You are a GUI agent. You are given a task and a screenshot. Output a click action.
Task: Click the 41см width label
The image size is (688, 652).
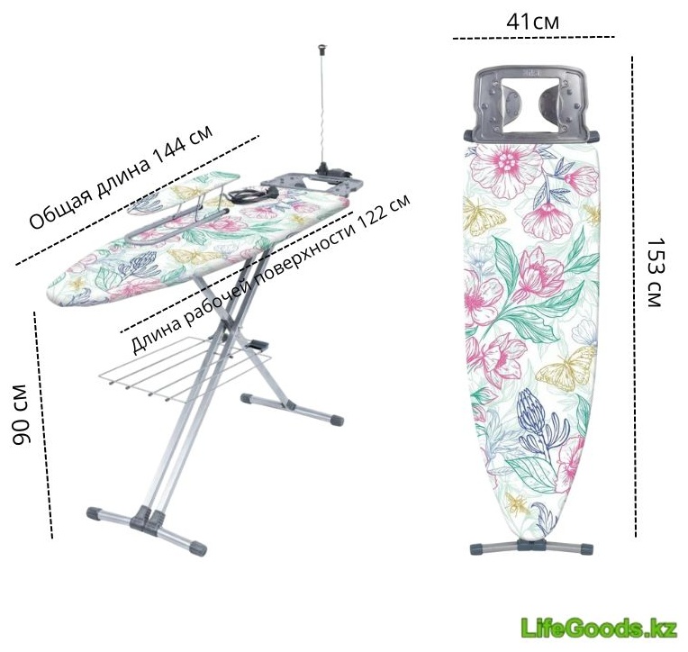pyautogui.click(x=533, y=21)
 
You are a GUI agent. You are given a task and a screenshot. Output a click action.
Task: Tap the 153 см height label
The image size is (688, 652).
pyautogui.click(x=654, y=273)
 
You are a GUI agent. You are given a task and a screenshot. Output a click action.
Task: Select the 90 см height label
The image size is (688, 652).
pyautogui.click(x=21, y=414)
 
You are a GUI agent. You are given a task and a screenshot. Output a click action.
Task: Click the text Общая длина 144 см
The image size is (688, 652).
pyautogui.click(x=121, y=177)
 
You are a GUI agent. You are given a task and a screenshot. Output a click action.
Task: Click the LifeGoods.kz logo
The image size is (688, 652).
pyautogui.click(x=599, y=628)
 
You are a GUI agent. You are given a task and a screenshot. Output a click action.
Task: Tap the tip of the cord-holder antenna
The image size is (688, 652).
pyautogui.click(x=323, y=45)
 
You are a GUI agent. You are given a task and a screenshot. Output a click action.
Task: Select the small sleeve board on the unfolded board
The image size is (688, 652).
pyautogui.click(x=185, y=192)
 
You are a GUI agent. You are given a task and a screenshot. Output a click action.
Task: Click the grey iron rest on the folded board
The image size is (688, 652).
pyautogui.click(x=532, y=102)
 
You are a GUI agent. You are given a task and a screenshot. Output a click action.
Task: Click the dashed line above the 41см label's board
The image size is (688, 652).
pyautogui.click(x=533, y=38)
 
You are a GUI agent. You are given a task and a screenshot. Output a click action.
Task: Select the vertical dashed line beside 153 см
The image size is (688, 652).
pyautogui.click(x=634, y=296)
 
